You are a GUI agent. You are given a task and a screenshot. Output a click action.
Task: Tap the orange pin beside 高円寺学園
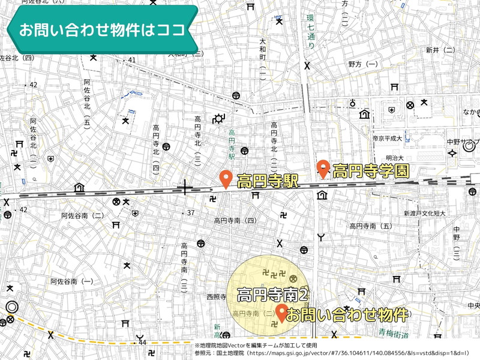(x=323, y=169)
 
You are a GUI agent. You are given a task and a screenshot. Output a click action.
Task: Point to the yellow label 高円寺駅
(x=268, y=182)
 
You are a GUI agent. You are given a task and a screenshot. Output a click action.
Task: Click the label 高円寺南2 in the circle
(x=273, y=295)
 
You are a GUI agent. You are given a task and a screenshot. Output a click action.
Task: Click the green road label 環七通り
(x=311, y=37)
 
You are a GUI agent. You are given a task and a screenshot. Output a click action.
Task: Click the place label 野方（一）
(x=363, y=64)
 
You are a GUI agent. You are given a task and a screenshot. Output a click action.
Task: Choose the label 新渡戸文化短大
(x=424, y=213)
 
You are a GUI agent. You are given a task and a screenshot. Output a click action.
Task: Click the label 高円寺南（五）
(x=370, y=226)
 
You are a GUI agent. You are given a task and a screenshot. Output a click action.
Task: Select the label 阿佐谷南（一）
(x=72, y=281)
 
